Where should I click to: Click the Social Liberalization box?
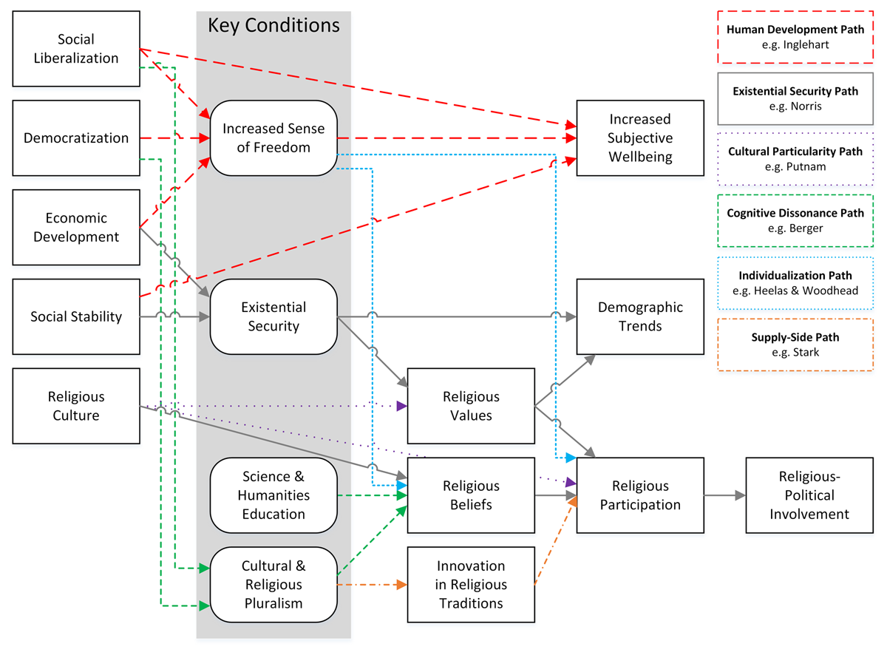click(x=76, y=48)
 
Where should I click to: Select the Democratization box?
click(x=76, y=138)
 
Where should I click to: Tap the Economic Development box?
click(x=76, y=228)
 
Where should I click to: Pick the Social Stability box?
click(x=76, y=316)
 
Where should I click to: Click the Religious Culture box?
click(x=76, y=407)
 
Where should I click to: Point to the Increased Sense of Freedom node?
click(x=273, y=138)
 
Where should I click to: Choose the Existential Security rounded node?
click(x=273, y=316)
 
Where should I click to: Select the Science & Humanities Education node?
click(x=273, y=495)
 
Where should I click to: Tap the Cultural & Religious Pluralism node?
click(x=273, y=584)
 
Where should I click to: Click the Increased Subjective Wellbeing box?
click(x=640, y=138)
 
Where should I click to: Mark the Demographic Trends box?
click(x=640, y=316)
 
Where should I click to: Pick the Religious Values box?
click(x=471, y=407)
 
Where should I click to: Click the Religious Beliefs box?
click(x=471, y=495)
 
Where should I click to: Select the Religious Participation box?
click(x=640, y=495)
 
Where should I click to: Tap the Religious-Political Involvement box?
click(x=809, y=495)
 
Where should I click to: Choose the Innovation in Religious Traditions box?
click(x=471, y=584)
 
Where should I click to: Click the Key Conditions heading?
click(x=273, y=26)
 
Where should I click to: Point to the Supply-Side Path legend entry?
click(x=795, y=345)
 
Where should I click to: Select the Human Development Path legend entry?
click(x=795, y=37)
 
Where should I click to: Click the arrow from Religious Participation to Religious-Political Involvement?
click(x=724, y=495)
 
